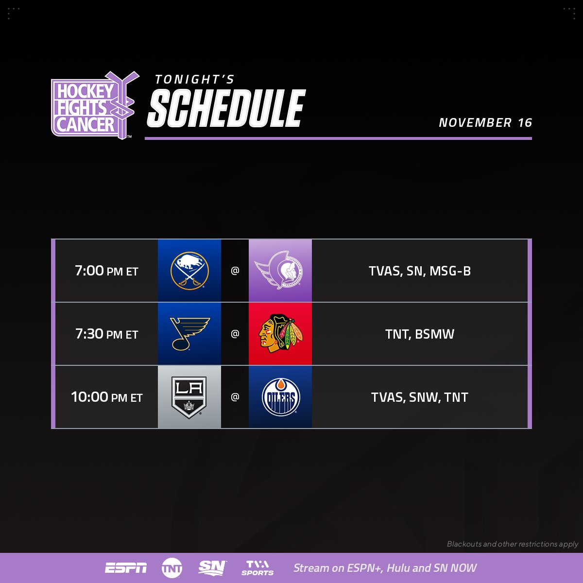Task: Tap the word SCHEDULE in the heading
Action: coord(226,108)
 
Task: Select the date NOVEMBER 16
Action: coord(485,122)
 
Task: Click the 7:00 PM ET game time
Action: coord(106,271)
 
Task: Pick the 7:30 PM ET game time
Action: coord(106,334)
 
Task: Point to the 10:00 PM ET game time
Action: coord(106,397)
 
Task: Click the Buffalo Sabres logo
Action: coord(189,271)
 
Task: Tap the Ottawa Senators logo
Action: coord(280,271)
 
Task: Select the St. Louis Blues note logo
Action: coord(189,334)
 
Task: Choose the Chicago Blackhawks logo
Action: coord(280,334)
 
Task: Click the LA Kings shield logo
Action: coord(189,397)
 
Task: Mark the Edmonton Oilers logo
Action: coord(280,397)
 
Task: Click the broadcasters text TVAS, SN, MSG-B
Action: coord(420,271)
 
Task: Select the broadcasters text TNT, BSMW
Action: coord(420,334)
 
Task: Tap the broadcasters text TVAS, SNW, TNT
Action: coord(420,397)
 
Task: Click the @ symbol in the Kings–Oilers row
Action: coord(235,397)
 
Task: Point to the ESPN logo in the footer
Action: coord(126,568)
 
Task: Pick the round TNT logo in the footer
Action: coord(172,568)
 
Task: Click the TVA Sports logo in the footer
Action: coord(257,568)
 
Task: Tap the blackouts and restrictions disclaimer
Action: coord(512,544)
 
